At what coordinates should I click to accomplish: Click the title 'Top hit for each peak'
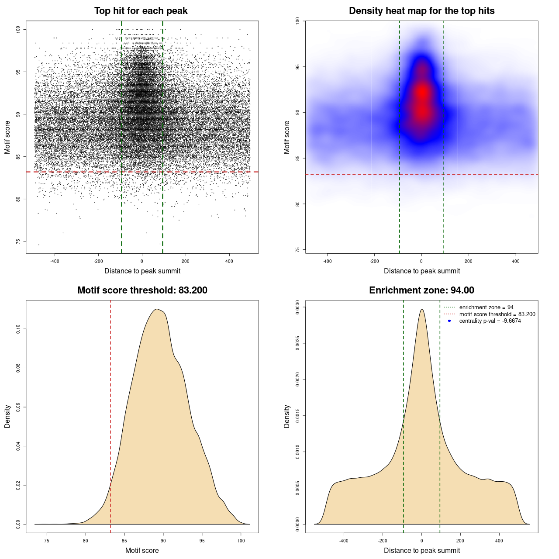coord(141,11)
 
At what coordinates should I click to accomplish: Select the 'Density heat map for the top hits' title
coord(421,11)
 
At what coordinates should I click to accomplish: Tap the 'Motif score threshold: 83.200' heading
coord(142,290)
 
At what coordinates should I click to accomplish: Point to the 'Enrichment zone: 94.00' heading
coord(421,290)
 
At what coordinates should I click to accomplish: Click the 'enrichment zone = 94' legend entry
coord(486,307)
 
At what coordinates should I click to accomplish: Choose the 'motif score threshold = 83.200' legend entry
coord(497,314)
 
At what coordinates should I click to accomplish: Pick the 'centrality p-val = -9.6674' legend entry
coord(490,321)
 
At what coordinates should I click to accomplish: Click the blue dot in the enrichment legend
coord(449,321)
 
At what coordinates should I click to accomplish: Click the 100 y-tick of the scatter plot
coord(18,29)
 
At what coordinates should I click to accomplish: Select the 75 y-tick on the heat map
coord(298,249)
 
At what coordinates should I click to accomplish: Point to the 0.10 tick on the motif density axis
coord(18,329)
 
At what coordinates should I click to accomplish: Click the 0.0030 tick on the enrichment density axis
coord(298,307)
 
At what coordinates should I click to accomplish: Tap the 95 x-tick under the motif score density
coord(202,541)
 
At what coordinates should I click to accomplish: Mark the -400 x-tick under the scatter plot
coord(55,261)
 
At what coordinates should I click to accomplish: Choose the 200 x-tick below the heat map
coord(469,261)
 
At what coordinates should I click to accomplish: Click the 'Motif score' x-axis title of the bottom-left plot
coord(142,550)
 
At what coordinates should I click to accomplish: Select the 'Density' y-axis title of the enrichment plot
coord(287,416)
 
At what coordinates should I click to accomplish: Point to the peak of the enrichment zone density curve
coord(421,309)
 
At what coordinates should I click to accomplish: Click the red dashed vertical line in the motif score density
coord(110,415)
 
